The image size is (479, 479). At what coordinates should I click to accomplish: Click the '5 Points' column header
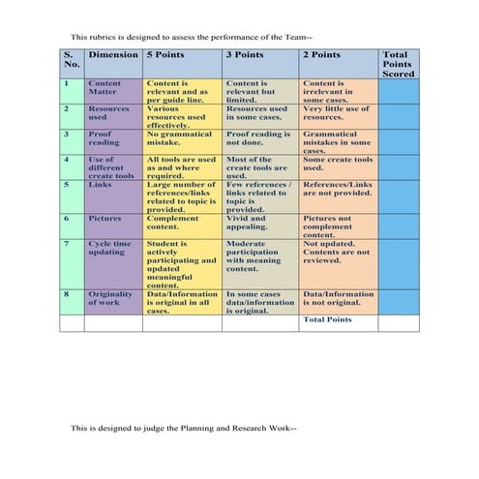165,55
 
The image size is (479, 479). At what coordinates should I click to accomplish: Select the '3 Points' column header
244,55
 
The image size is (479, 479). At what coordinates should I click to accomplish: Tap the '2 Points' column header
321,55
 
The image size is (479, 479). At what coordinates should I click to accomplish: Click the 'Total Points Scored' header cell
398,64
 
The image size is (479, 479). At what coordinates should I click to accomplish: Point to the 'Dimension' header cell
112,55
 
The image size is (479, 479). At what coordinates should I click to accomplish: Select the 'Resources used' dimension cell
108,114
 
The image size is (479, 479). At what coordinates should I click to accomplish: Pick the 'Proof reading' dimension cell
104,138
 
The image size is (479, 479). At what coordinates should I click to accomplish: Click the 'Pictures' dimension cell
105,219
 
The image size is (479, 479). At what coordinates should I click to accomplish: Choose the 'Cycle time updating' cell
109,249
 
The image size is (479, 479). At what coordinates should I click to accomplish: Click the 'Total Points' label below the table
327,319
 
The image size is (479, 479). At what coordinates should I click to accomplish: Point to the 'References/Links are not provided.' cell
337,189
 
